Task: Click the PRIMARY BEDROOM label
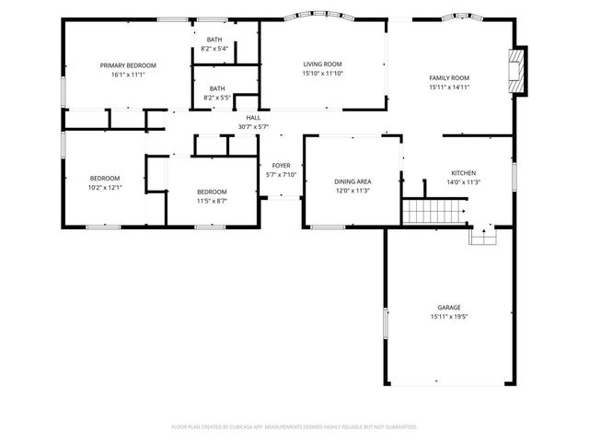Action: tap(128, 65)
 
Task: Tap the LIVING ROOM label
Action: tap(322, 64)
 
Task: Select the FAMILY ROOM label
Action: tap(449, 77)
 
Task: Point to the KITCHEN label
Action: tap(463, 172)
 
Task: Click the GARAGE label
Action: tap(449, 308)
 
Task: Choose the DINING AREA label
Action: tap(352, 181)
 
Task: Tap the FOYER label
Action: tap(281, 165)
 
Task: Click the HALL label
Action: tap(253, 118)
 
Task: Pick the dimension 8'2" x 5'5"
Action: tap(214, 98)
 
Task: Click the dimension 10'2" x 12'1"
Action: tap(104, 187)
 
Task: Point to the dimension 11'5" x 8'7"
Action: tap(212, 201)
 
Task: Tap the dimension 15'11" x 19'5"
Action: tap(449, 317)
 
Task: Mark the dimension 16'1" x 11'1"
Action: tap(128, 75)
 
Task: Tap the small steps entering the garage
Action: tap(482, 237)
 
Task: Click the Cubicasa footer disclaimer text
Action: tap(294, 427)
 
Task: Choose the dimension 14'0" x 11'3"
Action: tap(463, 181)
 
